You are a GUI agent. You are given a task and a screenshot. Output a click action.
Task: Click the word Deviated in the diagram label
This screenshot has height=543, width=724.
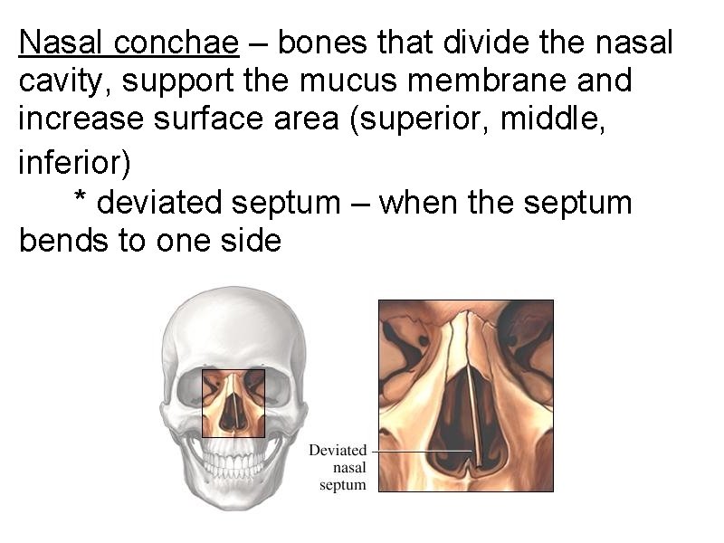point(338,450)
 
